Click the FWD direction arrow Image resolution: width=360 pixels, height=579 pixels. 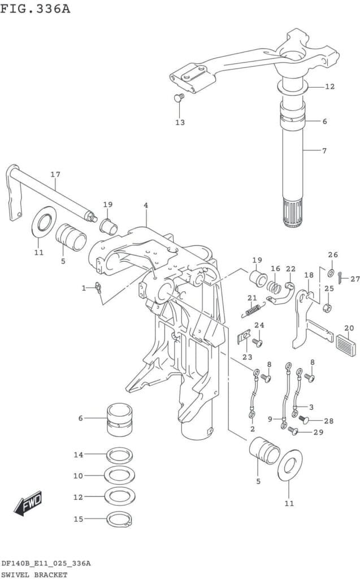(28, 503)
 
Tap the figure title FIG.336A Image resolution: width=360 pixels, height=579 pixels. (35, 8)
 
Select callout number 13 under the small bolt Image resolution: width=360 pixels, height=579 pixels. (180, 122)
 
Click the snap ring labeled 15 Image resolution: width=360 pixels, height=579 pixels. (119, 519)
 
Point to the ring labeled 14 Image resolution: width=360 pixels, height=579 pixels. (119, 455)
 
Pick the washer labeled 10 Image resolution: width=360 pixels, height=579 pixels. (119, 475)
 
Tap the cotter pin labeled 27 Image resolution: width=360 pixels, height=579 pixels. (340, 278)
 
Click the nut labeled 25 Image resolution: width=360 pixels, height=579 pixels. (327, 307)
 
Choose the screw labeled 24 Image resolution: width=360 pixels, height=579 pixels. (257, 343)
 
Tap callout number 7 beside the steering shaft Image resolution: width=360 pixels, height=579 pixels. (324, 150)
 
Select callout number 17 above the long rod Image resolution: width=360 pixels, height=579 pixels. (55, 174)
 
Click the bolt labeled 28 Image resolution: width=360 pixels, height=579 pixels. (303, 420)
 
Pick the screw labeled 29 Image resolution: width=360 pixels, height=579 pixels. (293, 430)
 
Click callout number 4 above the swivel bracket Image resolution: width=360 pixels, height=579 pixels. (146, 205)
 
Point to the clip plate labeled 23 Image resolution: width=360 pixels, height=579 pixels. (243, 338)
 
